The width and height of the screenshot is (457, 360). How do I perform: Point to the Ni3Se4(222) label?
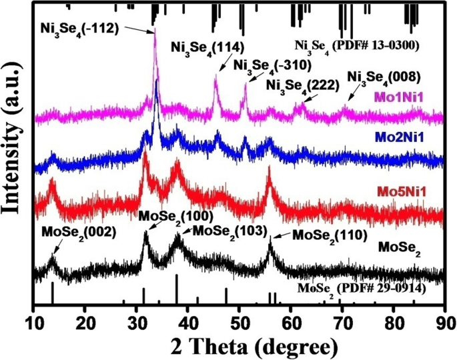(303, 85)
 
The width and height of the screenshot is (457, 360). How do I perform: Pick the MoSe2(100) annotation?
(175, 216)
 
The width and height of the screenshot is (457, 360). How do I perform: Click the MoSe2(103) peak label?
(231, 230)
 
